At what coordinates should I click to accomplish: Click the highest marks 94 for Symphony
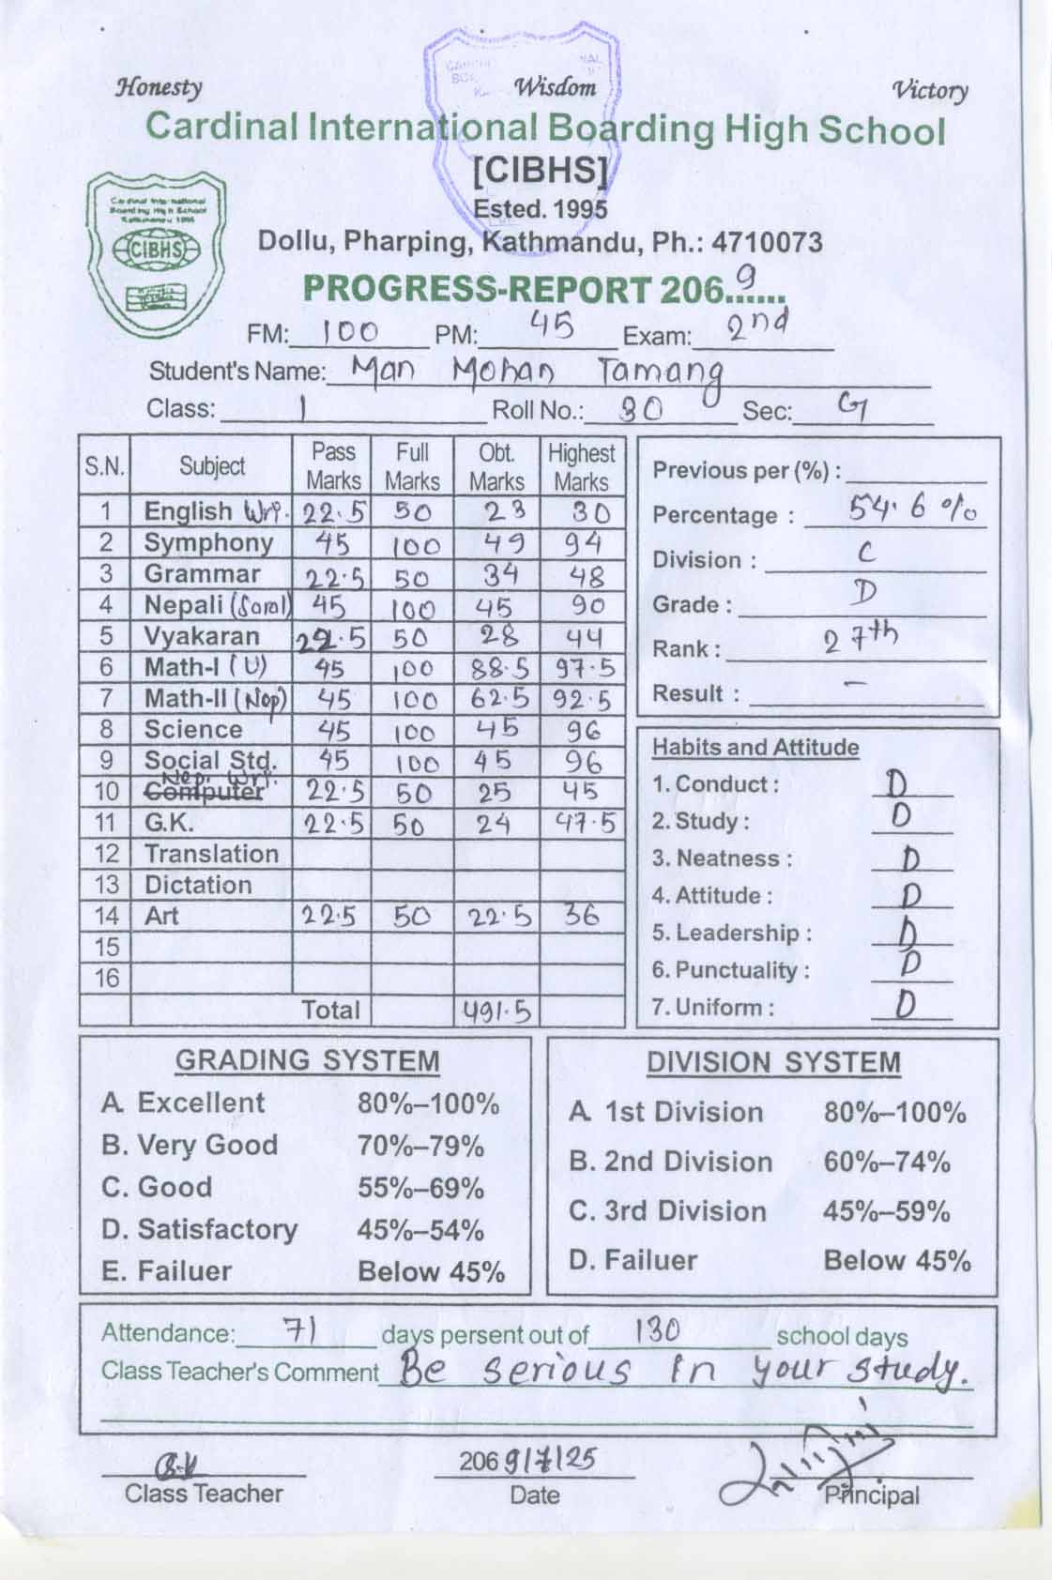point(582,543)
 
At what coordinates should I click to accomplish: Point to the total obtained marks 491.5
point(496,1011)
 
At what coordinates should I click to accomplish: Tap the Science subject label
point(193,730)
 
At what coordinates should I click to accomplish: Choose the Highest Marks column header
point(582,466)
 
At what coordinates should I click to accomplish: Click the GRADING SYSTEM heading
point(307,1061)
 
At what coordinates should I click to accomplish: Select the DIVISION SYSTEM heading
point(773,1063)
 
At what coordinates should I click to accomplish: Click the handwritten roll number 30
point(642,408)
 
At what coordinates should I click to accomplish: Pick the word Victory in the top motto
point(930,90)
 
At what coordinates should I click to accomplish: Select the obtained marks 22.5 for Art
point(496,918)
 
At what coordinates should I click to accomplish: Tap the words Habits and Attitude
point(755,748)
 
